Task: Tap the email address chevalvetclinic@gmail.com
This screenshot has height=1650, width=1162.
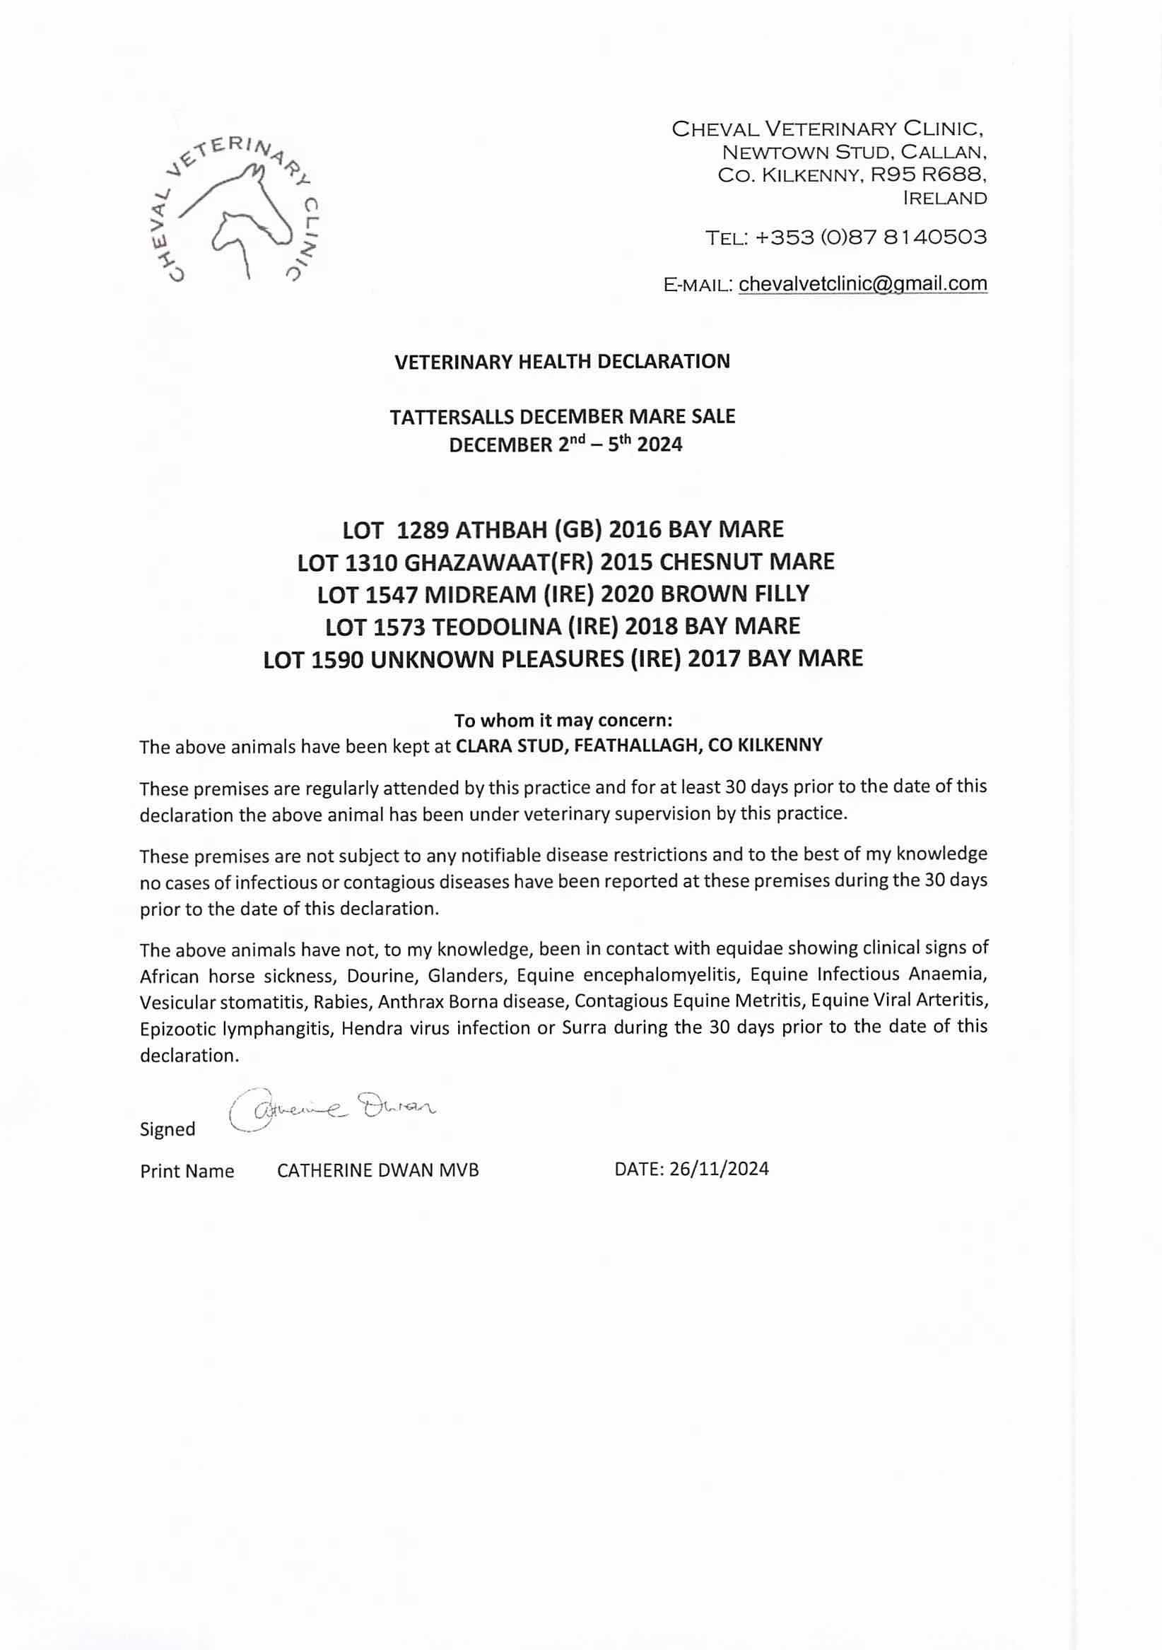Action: point(862,284)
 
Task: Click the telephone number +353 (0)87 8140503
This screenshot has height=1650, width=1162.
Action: point(867,237)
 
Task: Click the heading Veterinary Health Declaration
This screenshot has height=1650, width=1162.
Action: point(562,362)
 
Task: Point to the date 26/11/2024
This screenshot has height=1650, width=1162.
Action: point(719,1169)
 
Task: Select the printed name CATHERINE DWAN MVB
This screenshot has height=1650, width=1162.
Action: point(378,1171)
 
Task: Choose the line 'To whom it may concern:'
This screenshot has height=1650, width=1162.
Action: point(563,720)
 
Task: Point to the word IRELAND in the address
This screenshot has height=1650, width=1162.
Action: point(944,199)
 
